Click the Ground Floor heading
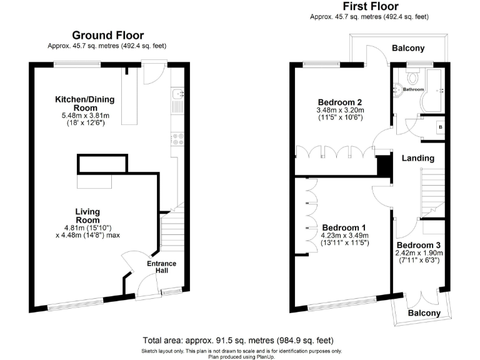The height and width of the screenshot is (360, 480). coord(107,36)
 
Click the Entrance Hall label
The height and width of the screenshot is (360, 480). coord(161,267)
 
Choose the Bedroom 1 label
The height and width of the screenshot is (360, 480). coord(344,227)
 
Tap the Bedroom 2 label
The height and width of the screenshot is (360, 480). coord(340,102)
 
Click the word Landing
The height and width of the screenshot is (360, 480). coord(418,158)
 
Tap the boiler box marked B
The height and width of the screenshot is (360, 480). coord(440,127)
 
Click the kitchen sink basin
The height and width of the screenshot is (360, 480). coord(177,94)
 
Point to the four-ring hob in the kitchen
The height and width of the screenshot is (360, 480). coord(177,137)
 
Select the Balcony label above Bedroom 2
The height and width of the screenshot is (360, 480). coord(408,48)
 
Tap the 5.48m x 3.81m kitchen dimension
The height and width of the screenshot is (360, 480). coord(86,115)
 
